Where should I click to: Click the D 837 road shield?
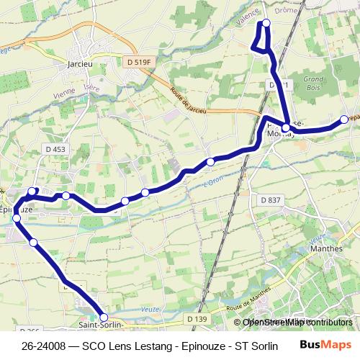(270, 199)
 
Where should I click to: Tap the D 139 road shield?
(196, 318)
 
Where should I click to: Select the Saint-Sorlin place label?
(99, 325)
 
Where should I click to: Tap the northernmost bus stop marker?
(266, 23)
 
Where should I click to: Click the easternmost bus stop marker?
(344, 120)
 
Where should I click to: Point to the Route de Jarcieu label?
(189, 102)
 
